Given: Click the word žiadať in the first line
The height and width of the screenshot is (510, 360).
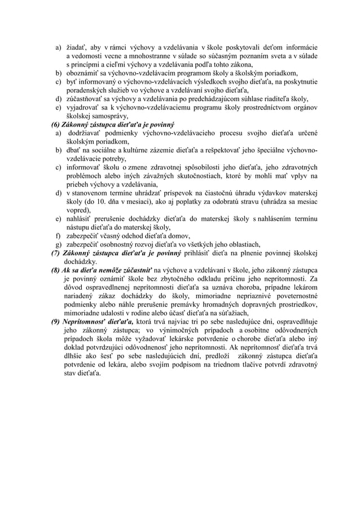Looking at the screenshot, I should pyautogui.click(x=76, y=47).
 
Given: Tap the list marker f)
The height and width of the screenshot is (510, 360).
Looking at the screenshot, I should pyautogui.click(x=58, y=236).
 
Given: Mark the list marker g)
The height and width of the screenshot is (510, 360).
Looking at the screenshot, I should pyautogui.click(x=58, y=245).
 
